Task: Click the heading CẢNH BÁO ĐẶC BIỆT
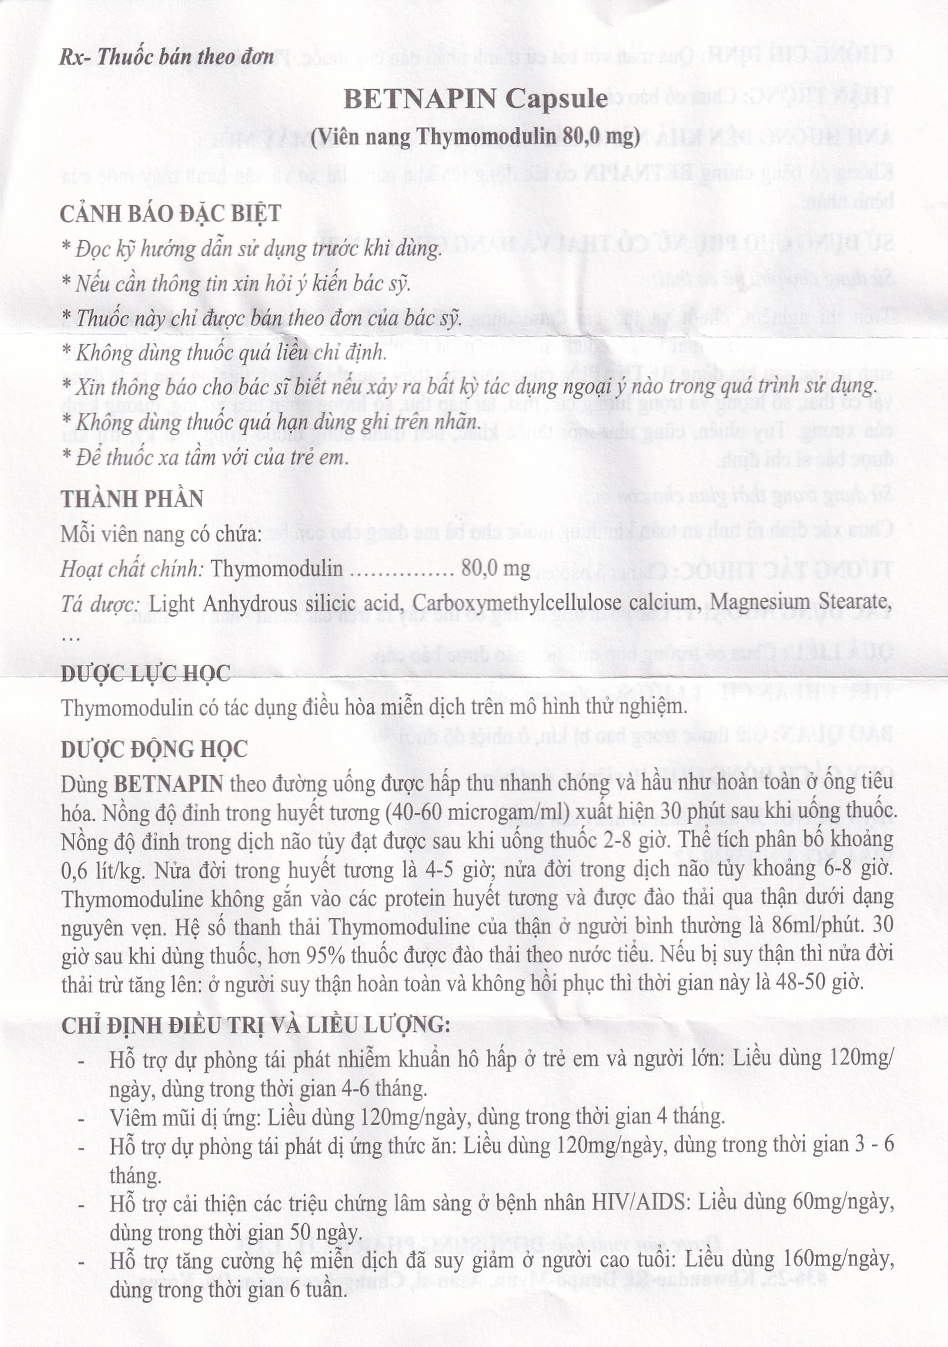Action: pyautogui.click(x=171, y=213)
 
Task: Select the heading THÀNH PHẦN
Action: pyautogui.click(x=132, y=499)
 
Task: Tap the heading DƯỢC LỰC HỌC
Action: pyautogui.click(x=146, y=674)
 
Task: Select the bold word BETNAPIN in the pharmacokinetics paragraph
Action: pyautogui.click(x=168, y=784)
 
